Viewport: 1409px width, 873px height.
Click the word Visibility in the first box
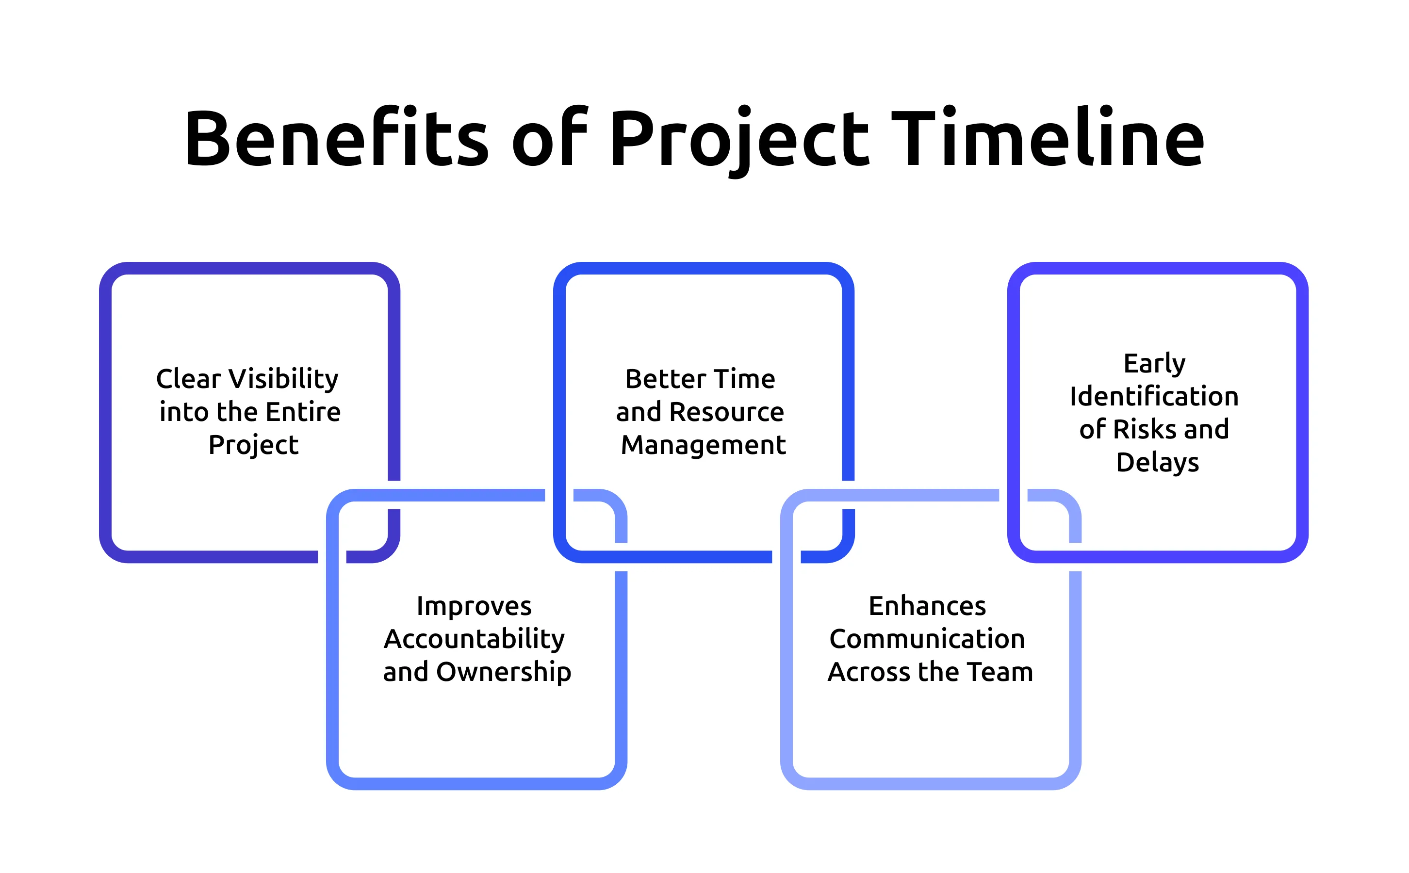coord(283,379)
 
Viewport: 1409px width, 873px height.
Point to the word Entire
coord(303,412)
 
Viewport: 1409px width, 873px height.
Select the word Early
coord(1154,364)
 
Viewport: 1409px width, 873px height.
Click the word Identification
coord(1154,397)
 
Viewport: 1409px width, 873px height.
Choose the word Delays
coord(1157,463)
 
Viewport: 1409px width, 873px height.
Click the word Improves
coord(474,606)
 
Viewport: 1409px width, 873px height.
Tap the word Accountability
coord(474,639)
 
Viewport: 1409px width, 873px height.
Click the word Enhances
coord(927,606)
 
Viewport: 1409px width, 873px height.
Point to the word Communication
coord(927,639)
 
